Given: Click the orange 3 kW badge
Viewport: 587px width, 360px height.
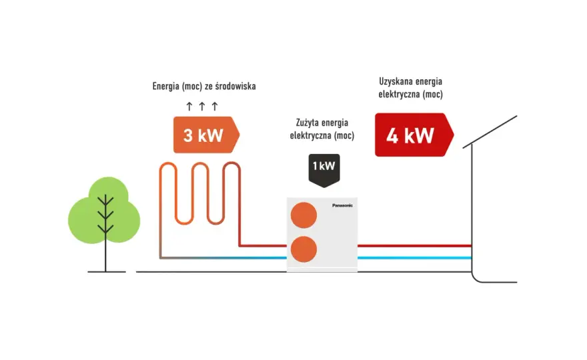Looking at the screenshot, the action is [x=206, y=135].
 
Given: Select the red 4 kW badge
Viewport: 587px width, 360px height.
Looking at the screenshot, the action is [x=414, y=135].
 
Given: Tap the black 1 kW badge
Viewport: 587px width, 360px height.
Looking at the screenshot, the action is [x=324, y=170].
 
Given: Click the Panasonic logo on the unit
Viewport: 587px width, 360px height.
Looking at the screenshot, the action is [x=342, y=205].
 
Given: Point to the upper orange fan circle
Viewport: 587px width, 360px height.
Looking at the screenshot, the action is [x=304, y=215].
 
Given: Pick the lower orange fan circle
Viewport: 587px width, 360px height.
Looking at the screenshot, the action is [x=304, y=249].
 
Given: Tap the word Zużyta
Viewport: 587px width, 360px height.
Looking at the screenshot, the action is [x=306, y=123].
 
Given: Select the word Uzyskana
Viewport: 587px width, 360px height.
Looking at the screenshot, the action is [x=393, y=81].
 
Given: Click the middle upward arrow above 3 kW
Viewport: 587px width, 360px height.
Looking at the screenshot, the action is [x=201, y=106].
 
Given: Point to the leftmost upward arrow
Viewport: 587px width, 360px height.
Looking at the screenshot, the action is [x=189, y=106].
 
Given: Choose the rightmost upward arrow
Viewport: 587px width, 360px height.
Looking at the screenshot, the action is [x=215, y=106].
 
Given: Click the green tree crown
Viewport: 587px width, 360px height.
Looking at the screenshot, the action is [x=105, y=210].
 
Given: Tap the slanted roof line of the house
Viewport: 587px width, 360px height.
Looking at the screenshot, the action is [x=490, y=132].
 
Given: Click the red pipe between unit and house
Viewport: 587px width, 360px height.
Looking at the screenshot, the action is [x=414, y=246].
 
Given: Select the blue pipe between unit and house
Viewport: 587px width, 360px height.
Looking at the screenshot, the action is [x=414, y=258].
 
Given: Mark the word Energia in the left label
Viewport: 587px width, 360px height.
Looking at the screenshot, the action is [x=166, y=87].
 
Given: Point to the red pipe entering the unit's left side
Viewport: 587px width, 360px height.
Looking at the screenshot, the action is [x=263, y=246].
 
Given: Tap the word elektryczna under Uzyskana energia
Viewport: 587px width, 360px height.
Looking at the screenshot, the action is [x=399, y=94].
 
